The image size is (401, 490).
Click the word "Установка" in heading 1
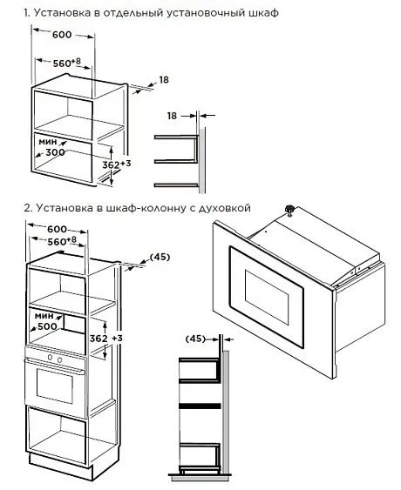click(x=63, y=13)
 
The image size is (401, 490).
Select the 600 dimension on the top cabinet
click(x=62, y=34)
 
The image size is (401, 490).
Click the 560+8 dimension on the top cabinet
click(x=66, y=63)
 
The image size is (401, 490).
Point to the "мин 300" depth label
click(x=51, y=147)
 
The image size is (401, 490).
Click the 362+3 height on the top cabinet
click(x=117, y=164)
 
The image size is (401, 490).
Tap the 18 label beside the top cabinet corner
click(x=164, y=80)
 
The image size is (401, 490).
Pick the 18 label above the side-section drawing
click(x=172, y=116)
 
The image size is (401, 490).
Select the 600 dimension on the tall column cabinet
click(x=57, y=229)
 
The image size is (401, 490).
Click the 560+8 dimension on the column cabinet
click(x=62, y=241)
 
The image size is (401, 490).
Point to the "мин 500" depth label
click(x=45, y=321)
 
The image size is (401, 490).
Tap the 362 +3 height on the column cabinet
click(x=105, y=339)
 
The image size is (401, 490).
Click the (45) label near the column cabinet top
click(x=160, y=258)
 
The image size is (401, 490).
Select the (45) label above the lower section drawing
click(x=195, y=339)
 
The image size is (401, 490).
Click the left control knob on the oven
click(x=50, y=357)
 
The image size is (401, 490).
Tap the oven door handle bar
click(x=55, y=366)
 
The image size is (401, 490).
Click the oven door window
click(x=55, y=386)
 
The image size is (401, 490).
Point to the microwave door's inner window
click(x=267, y=297)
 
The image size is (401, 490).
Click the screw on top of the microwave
click(x=289, y=210)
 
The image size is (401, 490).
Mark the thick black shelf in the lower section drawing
click(x=200, y=406)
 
